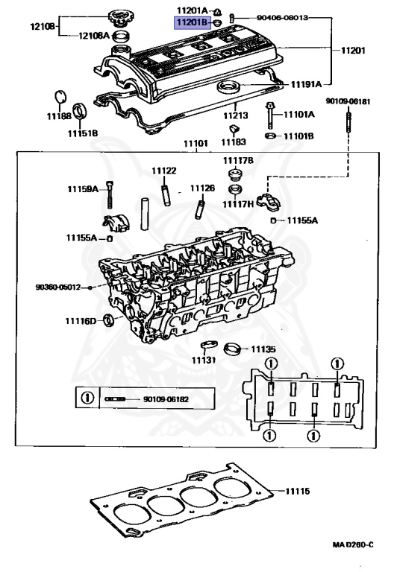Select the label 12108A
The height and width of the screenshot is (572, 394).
[x=95, y=34]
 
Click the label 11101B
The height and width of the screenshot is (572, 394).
[x=298, y=136]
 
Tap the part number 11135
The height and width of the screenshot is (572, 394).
[x=263, y=348]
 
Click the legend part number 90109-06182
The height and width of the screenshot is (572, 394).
[x=168, y=399]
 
